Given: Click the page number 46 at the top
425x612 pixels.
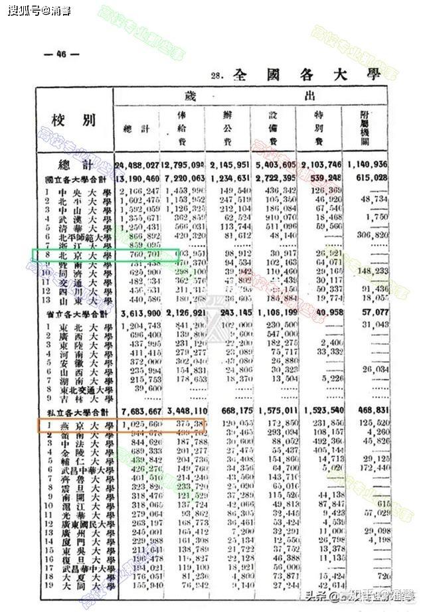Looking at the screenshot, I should click(60, 54).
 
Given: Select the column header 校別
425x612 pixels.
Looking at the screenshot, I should click(74, 120).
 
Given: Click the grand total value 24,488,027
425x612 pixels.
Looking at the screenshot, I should click(136, 165).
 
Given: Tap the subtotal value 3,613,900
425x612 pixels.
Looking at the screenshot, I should click(137, 313).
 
